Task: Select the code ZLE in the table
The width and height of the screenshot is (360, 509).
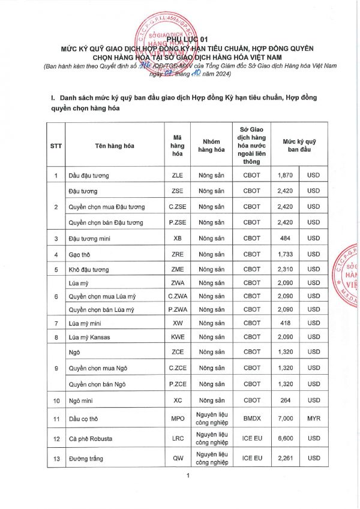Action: click(x=177, y=175)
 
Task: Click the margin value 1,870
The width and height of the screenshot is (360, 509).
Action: click(x=285, y=175)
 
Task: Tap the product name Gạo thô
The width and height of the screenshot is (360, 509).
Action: click(x=80, y=254)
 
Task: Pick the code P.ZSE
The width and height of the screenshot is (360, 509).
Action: click(x=177, y=222)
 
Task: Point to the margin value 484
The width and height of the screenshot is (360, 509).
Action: click(x=285, y=239)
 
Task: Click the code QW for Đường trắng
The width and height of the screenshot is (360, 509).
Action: click(x=177, y=459)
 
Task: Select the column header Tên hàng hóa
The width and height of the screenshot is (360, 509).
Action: click(x=115, y=145)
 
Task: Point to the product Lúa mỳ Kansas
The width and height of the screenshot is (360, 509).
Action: click(x=89, y=337)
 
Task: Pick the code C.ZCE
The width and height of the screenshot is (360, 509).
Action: click(x=177, y=368)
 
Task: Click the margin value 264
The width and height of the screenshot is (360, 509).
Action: click(x=285, y=400)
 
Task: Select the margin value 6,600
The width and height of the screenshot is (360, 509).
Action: click(x=285, y=439)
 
